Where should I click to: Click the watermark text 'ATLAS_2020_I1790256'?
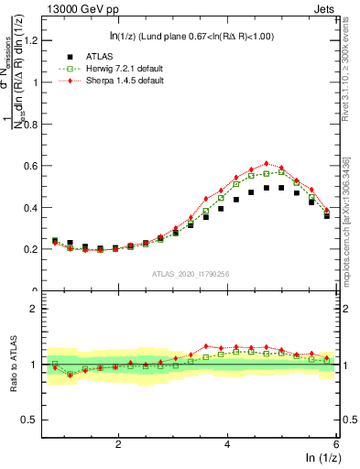pos(190,274)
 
